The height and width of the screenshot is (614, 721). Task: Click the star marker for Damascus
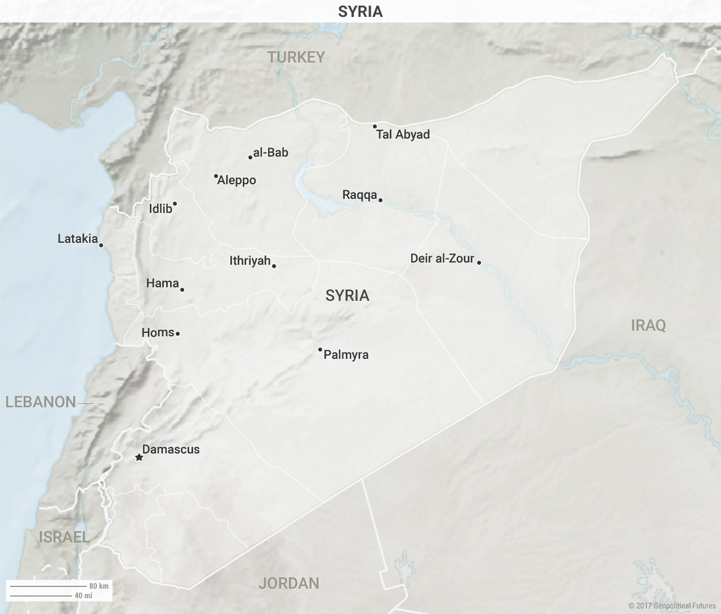tap(139, 457)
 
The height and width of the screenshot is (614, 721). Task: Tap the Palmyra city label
tap(346, 355)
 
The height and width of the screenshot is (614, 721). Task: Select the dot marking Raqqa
tap(380, 200)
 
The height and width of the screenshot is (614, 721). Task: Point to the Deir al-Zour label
tap(442, 259)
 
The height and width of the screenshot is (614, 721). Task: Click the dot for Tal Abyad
tap(375, 127)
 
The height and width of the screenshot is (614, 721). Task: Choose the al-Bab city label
tap(270, 153)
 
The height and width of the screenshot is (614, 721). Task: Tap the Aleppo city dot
tap(216, 176)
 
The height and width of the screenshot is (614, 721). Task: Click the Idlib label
tap(161, 209)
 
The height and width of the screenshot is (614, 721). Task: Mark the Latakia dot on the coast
tap(101, 245)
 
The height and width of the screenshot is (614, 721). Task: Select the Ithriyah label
tap(250, 261)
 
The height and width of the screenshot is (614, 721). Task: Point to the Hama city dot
tap(182, 290)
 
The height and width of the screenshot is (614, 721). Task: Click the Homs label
tap(158, 333)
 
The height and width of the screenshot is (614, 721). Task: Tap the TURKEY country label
tap(296, 57)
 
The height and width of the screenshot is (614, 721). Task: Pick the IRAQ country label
tap(648, 326)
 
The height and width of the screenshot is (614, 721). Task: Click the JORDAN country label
tap(288, 584)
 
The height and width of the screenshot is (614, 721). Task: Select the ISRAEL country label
tap(64, 537)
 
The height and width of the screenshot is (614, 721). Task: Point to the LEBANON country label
tap(41, 402)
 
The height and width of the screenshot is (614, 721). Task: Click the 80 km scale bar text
tap(99, 586)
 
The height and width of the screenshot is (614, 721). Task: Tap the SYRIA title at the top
tap(360, 11)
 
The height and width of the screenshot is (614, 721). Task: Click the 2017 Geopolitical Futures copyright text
tap(672, 606)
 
